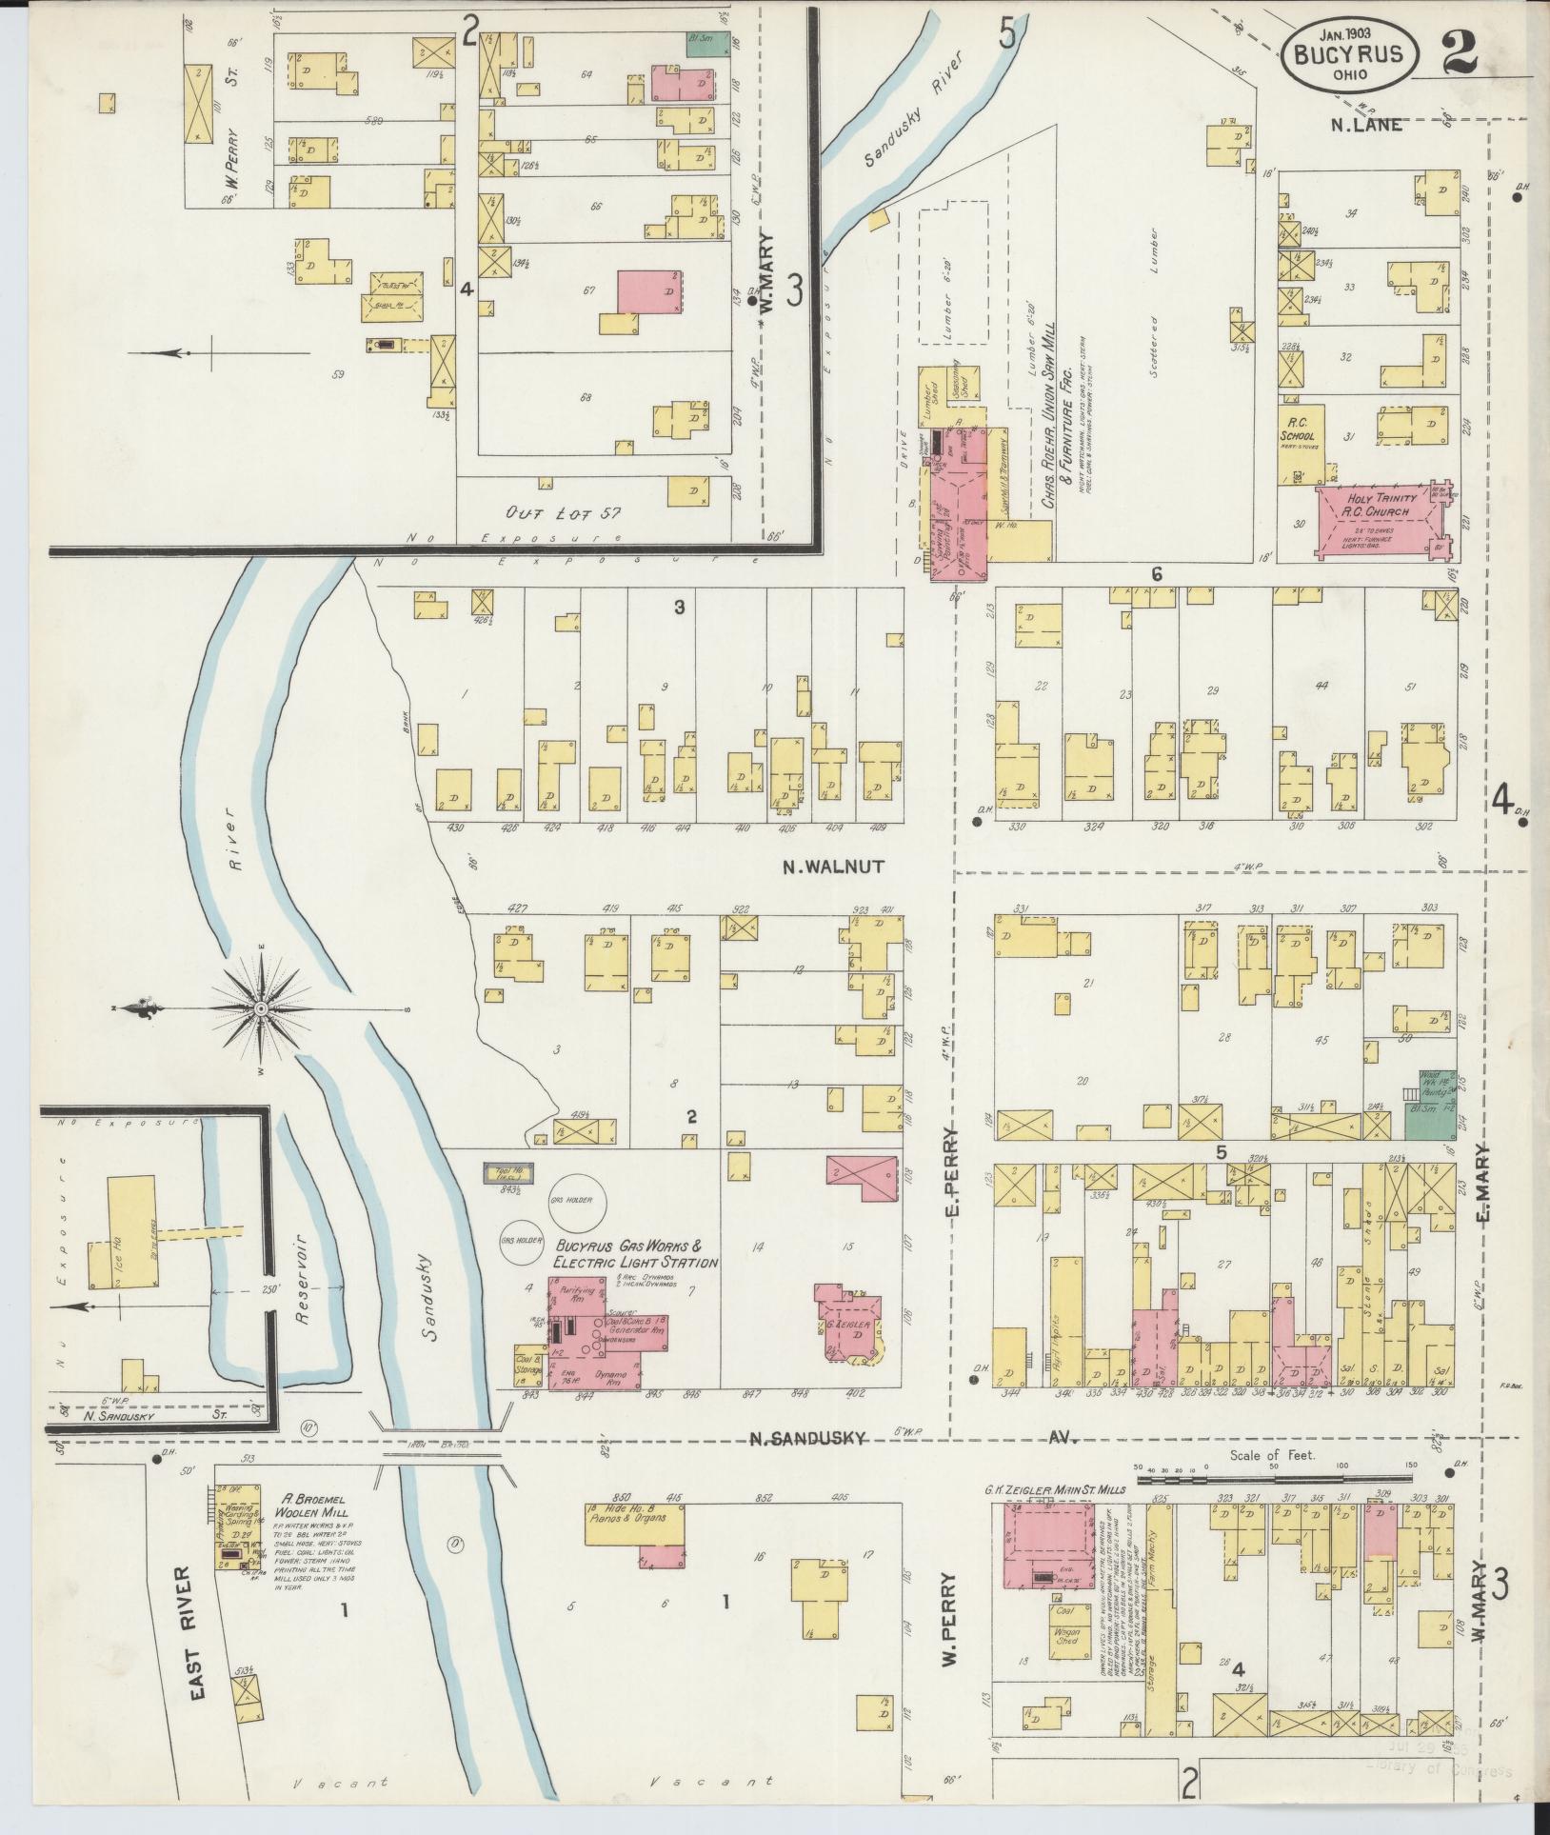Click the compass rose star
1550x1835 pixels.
pyautogui.click(x=259, y=1007)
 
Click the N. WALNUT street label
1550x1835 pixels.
pyautogui.click(x=834, y=867)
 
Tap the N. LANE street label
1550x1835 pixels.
pyautogui.click(x=1367, y=124)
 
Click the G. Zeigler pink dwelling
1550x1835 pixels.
pyautogui.click(x=852, y=1323)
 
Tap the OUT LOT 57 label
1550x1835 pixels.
pyautogui.click(x=564, y=513)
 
